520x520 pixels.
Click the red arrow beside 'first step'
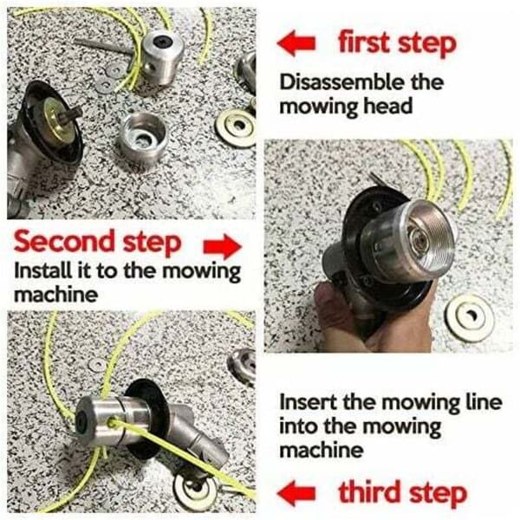click(296, 43)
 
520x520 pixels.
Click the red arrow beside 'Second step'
click(223, 246)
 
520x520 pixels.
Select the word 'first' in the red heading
click(364, 42)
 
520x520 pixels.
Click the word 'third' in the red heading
click(369, 491)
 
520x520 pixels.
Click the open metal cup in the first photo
click(144, 138)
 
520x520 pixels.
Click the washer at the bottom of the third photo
click(196, 486)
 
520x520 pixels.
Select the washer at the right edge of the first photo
click(237, 127)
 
